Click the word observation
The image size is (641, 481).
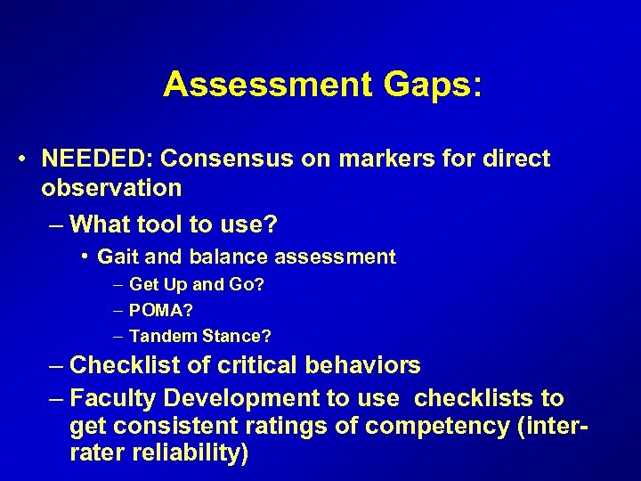111,188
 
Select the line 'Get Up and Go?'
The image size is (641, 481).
197,285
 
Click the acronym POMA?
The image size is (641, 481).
161,311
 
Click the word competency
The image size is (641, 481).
462,426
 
